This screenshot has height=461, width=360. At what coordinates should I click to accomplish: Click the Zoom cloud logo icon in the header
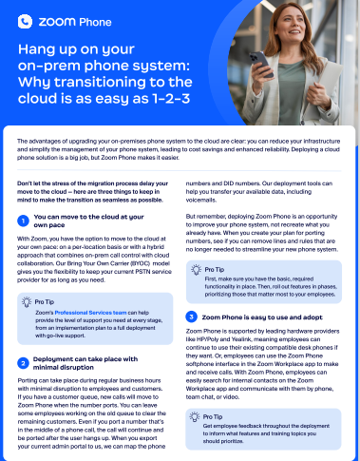click(24, 19)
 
